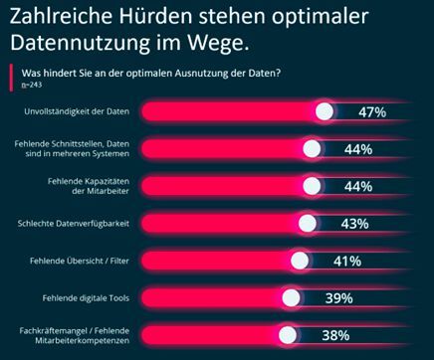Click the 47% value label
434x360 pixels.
tap(372, 112)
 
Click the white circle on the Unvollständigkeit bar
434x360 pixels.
tap(325, 112)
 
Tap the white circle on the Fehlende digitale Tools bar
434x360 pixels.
tap(291, 298)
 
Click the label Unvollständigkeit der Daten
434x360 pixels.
tap(83, 112)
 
